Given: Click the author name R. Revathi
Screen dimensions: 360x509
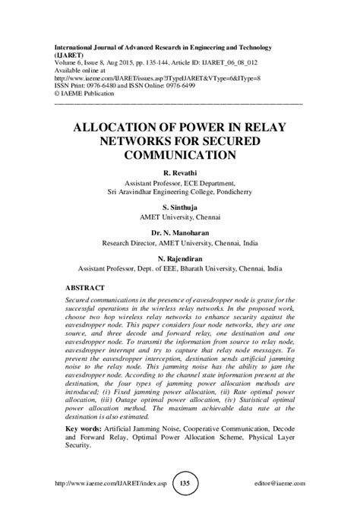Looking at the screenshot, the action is [x=179, y=175].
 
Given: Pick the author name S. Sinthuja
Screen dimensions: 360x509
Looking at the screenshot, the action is [x=179, y=206].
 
